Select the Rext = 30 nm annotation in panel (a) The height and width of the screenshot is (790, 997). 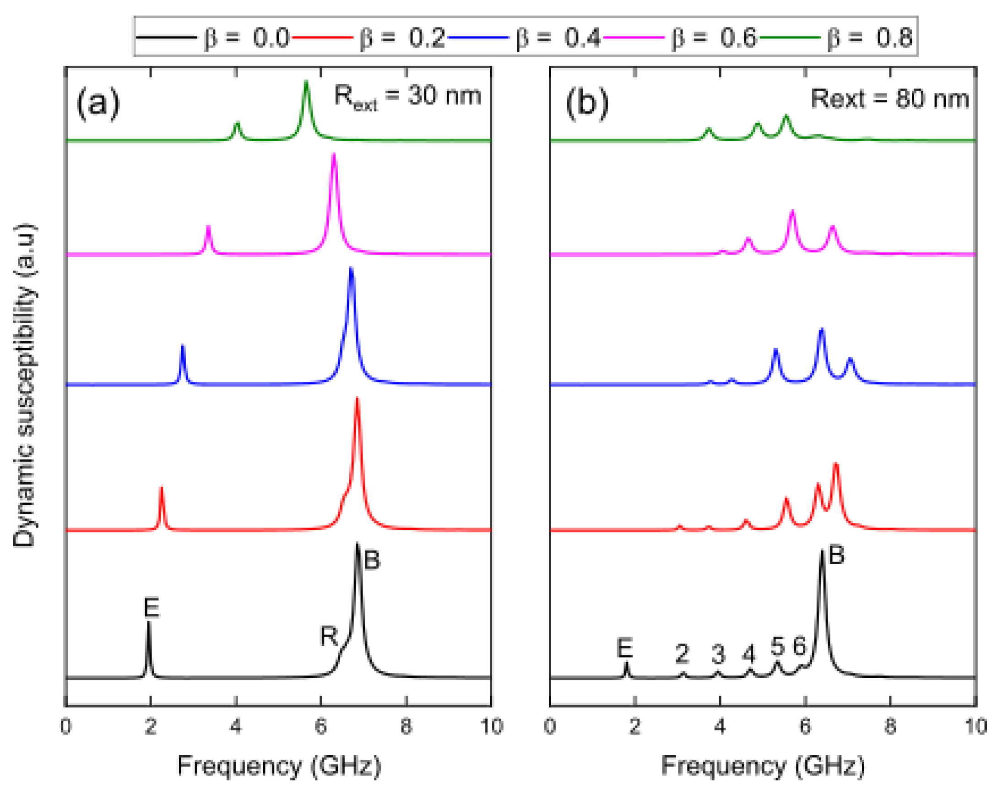pos(407,97)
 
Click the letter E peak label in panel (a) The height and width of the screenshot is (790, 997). pos(151,607)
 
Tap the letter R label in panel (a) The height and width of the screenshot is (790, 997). pos(329,636)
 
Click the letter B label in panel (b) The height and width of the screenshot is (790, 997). pos(836,554)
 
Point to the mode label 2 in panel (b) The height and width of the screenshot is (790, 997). pos(682,654)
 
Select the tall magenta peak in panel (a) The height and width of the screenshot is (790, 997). pos(334,156)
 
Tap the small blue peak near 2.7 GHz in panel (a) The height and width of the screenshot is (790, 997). pos(183,347)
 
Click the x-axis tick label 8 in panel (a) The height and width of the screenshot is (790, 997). pos(406,726)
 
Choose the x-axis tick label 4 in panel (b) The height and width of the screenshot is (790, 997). pos(719,726)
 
